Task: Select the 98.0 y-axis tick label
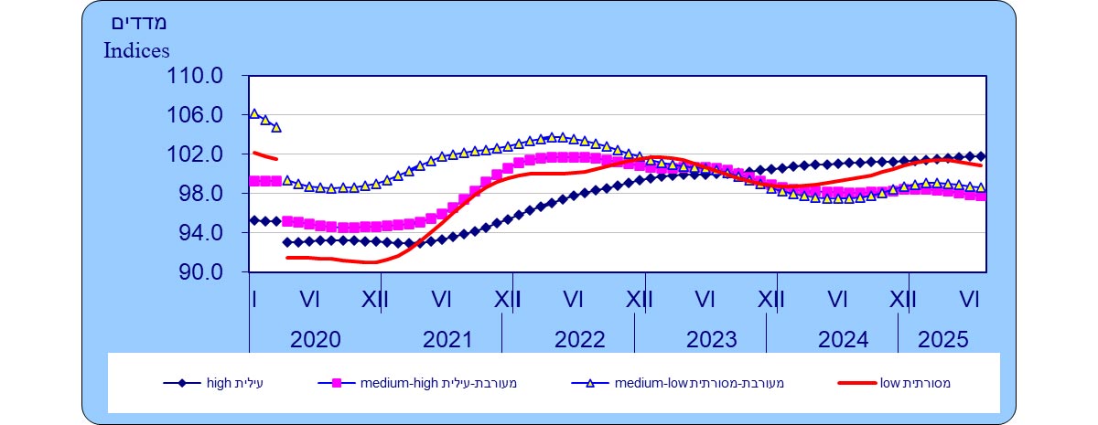198,195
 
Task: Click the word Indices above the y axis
136,50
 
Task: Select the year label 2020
315,341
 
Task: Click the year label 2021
447,341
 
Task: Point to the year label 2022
579,341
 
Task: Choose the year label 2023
711,341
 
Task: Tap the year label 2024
843,341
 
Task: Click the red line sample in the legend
857,384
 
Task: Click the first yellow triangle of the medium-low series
254,113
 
